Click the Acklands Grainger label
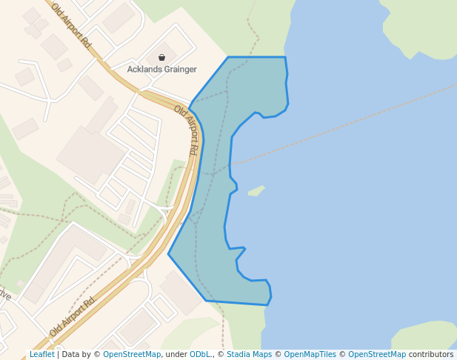[x=162, y=70]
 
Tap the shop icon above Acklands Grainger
[x=162, y=57]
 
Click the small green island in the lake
[x=256, y=191]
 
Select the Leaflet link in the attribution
[x=41, y=355]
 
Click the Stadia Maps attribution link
[x=249, y=355]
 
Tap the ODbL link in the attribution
[x=199, y=355]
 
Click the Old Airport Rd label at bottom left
[x=73, y=316]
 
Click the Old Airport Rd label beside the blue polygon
[x=187, y=130]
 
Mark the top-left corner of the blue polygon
[x=228, y=57]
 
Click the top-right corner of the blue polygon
[x=284, y=57]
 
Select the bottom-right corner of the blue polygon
[x=268, y=304]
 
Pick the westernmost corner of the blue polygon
[x=169, y=254]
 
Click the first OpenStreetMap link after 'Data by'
[x=132, y=355]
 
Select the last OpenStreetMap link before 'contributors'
[x=376, y=355]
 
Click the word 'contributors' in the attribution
[x=430, y=355]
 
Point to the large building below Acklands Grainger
[x=90, y=154]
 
